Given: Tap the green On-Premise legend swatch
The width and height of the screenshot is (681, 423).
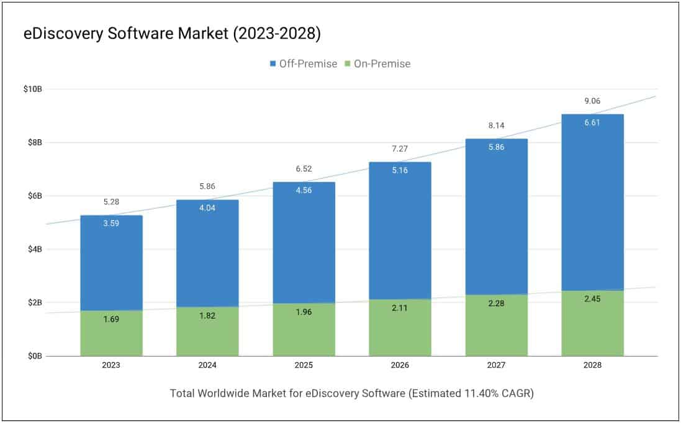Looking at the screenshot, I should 348,63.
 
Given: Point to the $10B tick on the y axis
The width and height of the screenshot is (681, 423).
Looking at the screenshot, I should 32,89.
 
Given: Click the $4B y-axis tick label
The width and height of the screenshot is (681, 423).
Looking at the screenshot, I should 34,249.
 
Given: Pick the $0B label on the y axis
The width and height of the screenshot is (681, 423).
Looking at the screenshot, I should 34,356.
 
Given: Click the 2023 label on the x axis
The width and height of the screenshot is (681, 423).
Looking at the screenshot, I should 111,366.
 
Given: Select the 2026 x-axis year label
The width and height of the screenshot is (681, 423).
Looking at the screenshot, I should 400,366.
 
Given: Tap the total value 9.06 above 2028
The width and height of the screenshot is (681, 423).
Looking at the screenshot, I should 592,101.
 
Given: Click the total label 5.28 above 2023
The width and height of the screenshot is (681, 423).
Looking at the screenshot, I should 111,202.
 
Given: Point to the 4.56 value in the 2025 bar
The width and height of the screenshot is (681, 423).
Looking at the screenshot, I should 304,191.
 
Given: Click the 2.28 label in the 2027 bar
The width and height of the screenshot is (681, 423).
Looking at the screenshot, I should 496,304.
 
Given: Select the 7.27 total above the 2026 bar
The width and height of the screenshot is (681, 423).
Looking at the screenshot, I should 400,149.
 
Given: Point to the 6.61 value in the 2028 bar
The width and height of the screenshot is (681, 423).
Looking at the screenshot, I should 592,123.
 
